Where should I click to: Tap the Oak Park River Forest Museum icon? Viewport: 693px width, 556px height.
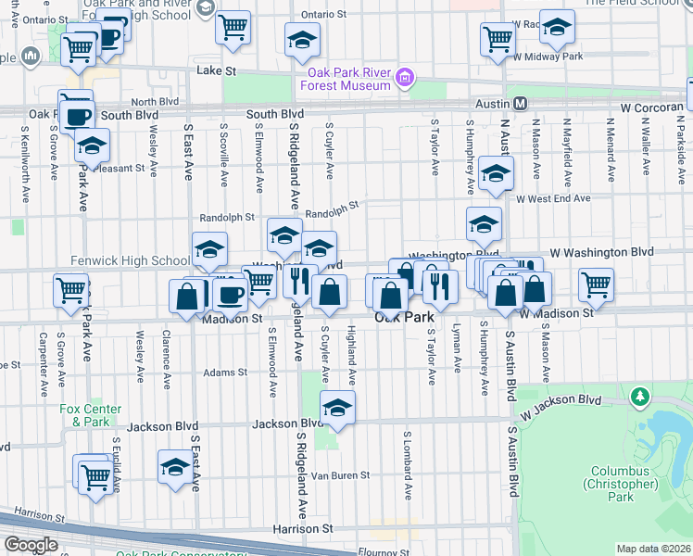(404, 79)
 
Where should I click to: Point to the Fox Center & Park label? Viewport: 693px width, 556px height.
(84, 415)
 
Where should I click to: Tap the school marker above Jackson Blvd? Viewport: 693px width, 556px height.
(337, 407)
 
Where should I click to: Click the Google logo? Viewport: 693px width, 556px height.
(31, 545)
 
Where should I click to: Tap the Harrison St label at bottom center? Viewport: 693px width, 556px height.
(302, 528)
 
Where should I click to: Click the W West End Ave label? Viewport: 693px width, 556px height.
(553, 198)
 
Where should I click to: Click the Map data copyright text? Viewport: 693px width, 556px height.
(654, 549)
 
